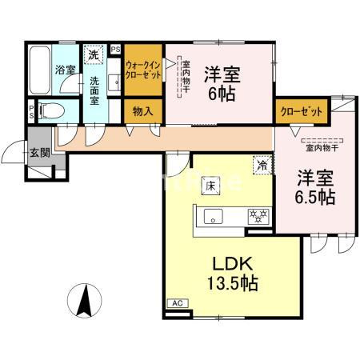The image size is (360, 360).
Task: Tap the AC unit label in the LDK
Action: point(176,303)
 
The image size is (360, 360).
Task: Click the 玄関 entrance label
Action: point(38,153)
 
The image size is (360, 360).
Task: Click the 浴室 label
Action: point(64,70)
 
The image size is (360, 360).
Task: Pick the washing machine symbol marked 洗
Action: point(94,56)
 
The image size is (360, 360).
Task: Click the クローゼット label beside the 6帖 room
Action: point(300,111)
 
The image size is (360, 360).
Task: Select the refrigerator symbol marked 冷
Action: point(261,165)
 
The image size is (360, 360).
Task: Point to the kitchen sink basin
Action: point(214,215)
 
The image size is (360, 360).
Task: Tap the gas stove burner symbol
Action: point(257,215)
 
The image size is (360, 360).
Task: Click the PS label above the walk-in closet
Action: point(116,50)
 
